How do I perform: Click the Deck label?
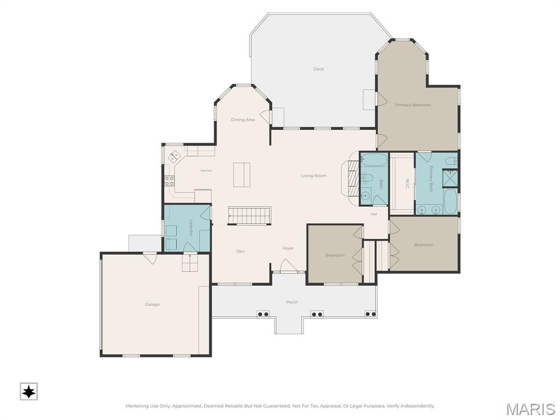coord(319,69)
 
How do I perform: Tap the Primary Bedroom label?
coord(413,105)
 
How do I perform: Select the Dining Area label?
coord(243,120)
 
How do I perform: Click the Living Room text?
coord(313,176)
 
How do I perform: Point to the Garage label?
coord(152,304)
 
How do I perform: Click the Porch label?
coord(292,302)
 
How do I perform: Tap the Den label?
coord(241,252)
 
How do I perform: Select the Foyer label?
coord(288,248)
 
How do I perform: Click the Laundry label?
coord(191,227)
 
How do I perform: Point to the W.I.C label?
coord(407,184)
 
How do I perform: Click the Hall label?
coord(374,214)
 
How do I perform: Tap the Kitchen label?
coord(206,171)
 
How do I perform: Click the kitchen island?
coord(242,174)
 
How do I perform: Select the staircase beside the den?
coord(249,215)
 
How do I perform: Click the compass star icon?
coord(28,392)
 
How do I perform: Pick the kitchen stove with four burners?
coord(170,180)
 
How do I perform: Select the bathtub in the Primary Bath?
coord(451,201)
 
